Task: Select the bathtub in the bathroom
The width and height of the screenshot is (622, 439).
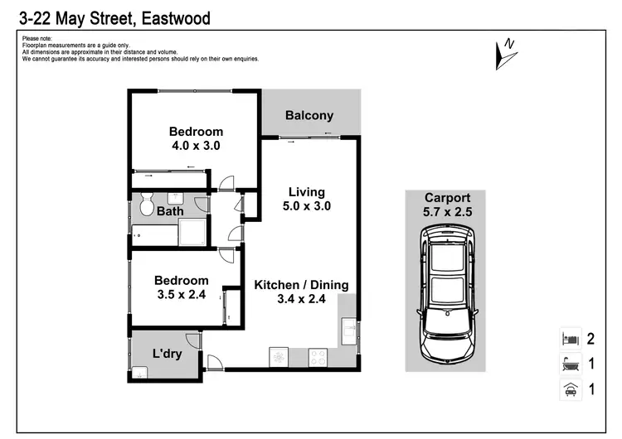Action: (x=154, y=234)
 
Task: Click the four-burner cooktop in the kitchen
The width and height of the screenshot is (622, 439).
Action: (x=319, y=356)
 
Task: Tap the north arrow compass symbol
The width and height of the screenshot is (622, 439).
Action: (x=503, y=52)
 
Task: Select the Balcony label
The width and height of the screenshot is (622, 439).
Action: (x=309, y=116)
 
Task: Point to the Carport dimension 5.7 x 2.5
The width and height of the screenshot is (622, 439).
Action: (x=447, y=211)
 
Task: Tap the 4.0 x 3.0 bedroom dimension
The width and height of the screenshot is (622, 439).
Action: (x=196, y=145)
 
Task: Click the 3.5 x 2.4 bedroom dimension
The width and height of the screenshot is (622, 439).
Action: (x=182, y=294)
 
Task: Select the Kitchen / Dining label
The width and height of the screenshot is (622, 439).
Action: (x=301, y=285)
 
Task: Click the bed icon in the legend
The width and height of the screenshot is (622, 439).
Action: (x=570, y=339)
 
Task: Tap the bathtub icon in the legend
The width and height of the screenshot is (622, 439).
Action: (x=570, y=364)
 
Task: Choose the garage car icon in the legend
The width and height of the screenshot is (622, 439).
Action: (x=570, y=388)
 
